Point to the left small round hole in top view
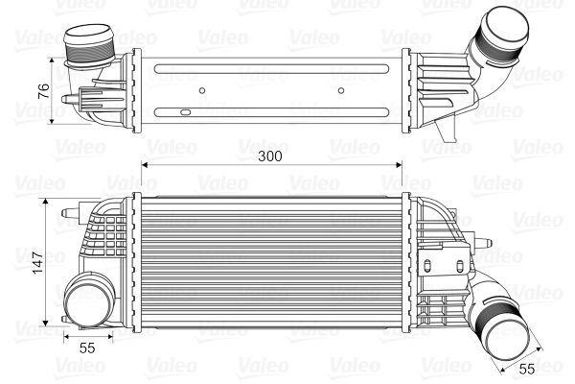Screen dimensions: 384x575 click(202, 93)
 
